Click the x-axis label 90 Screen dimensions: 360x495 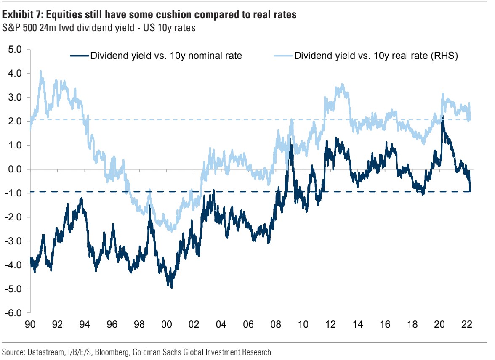(x=30, y=325)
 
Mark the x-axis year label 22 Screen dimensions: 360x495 (x=466, y=325)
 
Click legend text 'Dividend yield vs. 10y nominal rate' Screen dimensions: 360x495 (x=166, y=56)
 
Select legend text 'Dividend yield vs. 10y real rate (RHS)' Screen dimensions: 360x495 (x=376, y=56)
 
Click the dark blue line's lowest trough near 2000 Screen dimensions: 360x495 (x=171, y=287)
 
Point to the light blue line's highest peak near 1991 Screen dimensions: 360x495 (x=41, y=71)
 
